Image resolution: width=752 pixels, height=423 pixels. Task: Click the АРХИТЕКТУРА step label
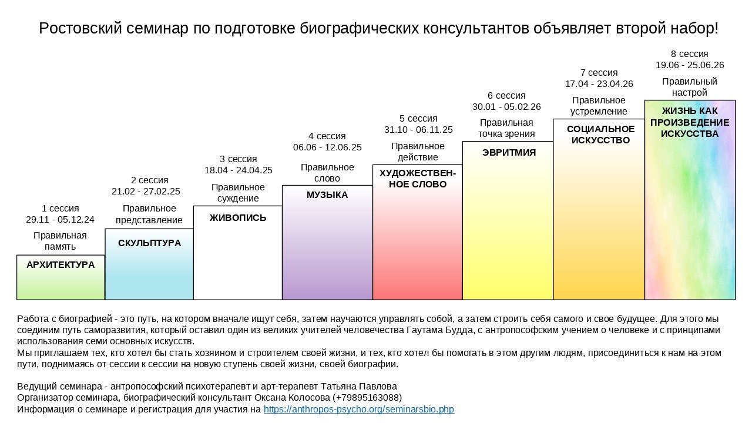(x=61, y=265)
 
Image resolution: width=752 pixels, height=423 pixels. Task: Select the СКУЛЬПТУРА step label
(x=149, y=243)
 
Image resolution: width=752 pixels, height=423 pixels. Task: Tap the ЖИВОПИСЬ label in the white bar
(x=238, y=217)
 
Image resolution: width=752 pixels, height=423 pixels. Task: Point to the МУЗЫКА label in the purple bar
(x=327, y=195)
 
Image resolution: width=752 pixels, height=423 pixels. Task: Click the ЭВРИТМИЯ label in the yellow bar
(x=509, y=152)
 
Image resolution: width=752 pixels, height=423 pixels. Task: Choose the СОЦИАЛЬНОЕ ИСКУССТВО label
(x=600, y=135)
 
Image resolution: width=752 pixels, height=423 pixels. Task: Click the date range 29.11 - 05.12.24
(x=60, y=220)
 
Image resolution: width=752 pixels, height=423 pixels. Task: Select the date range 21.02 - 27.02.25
(x=146, y=191)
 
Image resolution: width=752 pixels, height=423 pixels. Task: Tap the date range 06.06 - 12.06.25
(x=327, y=147)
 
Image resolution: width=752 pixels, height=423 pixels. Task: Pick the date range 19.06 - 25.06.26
(x=690, y=65)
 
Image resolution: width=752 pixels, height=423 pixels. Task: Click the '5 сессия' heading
(x=418, y=119)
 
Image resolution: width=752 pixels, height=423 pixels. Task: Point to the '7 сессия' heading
(x=599, y=73)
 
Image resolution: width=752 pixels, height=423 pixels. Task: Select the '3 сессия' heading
(x=238, y=159)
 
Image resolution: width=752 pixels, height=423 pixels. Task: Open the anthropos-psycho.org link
(x=358, y=409)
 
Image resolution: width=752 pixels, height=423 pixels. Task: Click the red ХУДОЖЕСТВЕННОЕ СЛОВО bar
(x=418, y=247)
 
